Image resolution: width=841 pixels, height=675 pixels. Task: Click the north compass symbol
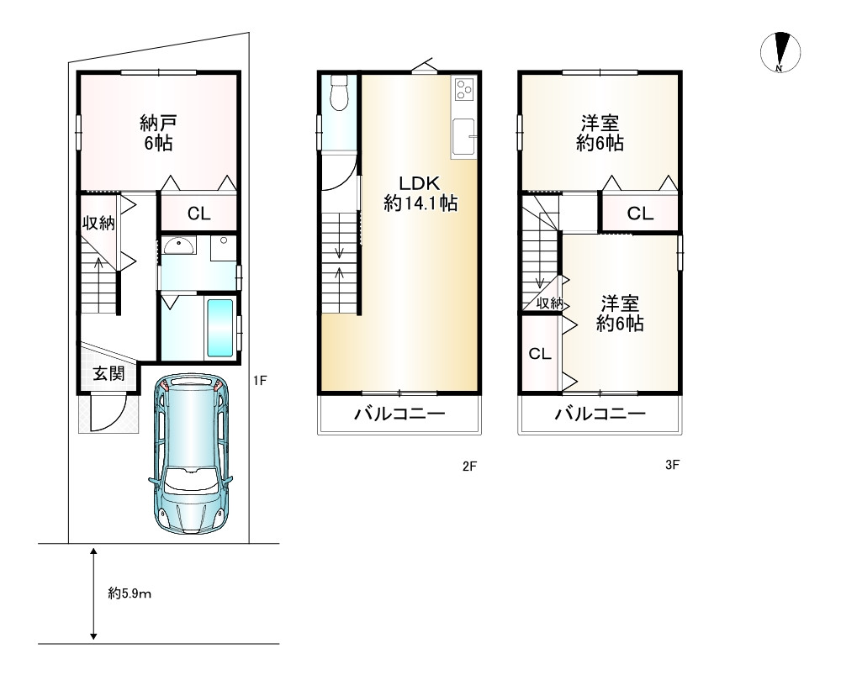pos(780,53)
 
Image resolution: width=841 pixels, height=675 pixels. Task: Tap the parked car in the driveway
pos(192,454)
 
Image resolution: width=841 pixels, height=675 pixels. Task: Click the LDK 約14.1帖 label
pos(420,193)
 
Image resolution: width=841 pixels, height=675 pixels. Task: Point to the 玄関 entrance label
pos(108,374)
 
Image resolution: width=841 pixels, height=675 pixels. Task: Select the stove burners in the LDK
pos(463,89)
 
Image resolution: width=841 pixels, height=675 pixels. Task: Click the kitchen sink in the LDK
pos(463,136)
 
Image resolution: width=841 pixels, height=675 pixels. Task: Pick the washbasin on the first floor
pos(179,246)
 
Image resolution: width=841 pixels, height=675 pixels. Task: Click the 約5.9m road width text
pos(130,593)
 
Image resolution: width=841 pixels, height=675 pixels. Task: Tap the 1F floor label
pos(260,381)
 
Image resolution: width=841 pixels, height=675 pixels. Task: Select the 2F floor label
pos(469,467)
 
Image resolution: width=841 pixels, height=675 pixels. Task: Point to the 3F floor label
pos(672,465)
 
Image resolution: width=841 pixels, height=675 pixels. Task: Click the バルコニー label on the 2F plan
pos(399,414)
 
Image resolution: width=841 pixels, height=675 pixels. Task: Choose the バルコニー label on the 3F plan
pos(600,414)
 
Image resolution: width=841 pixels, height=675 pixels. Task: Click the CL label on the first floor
pos(199,214)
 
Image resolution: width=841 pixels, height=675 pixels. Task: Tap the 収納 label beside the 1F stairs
pos(98,223)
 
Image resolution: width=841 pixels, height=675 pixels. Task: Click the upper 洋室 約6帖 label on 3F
pos(600,133)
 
